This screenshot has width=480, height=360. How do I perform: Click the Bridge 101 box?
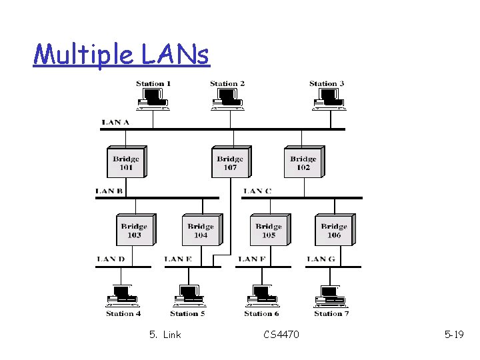point(126,162)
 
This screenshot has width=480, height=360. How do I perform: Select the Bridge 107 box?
point(230,162)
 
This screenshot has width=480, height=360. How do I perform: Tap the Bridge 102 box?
point(303,162)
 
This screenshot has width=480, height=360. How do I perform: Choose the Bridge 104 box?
point(201,230)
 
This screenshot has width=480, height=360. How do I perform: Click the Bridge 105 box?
point(269,230)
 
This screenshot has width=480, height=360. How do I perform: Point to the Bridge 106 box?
point(334,230)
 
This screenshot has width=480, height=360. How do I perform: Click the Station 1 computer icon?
point(153,99)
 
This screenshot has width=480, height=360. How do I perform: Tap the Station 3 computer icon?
point(327,99)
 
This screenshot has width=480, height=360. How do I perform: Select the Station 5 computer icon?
point(188,295)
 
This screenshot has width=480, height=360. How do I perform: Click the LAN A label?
point(115,122)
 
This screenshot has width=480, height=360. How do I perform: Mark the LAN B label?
point(109,191)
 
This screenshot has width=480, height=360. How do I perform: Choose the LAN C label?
point(257,191)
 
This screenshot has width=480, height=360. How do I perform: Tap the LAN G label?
point(321,259)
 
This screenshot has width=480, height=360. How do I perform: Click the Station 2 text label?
point(227,84)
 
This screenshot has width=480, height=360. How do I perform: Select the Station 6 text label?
point(261,313)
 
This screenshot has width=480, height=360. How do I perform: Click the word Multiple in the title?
point(73,54)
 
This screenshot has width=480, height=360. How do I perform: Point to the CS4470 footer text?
point(281,334)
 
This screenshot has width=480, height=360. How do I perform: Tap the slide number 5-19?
point(454,334)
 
